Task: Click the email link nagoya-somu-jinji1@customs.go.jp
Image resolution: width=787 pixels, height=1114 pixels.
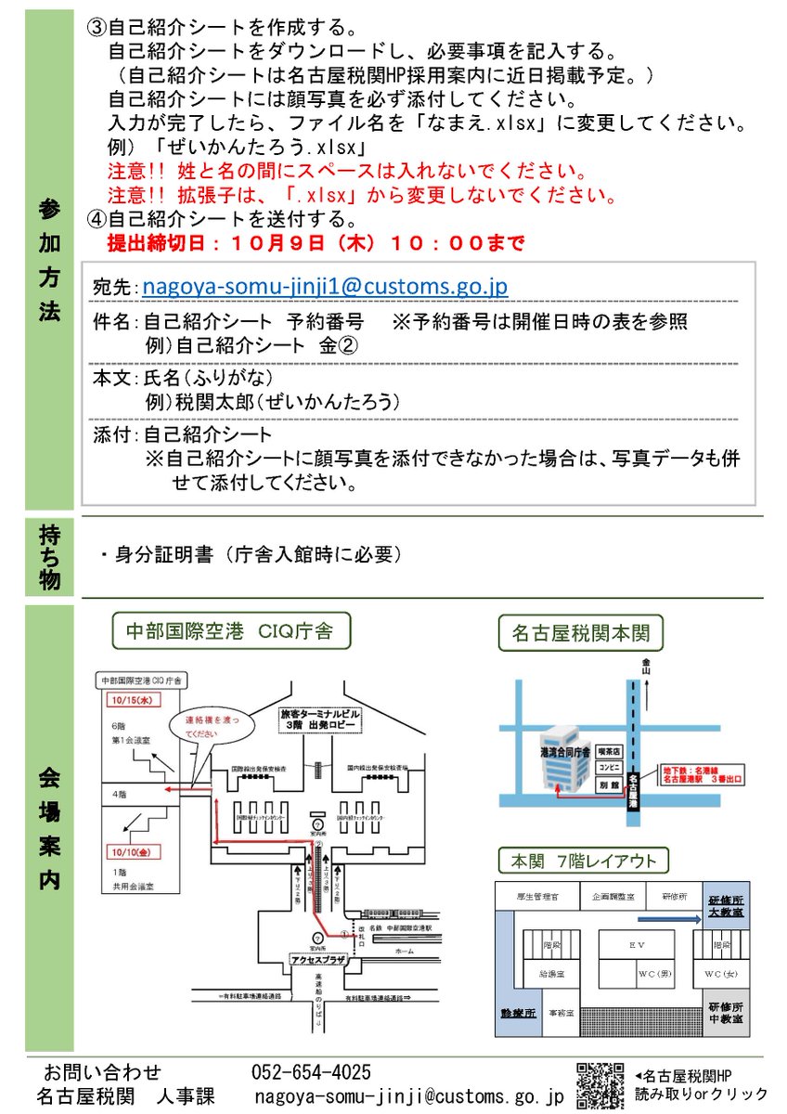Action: (324, 287)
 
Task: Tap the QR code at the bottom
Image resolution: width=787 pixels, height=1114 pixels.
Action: (600, 1084)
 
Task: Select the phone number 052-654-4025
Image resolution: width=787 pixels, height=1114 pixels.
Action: (311, 1073)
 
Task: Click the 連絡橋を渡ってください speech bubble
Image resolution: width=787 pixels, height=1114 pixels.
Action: (207, 725)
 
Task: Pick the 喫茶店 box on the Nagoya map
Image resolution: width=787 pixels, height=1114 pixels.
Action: (609, 751)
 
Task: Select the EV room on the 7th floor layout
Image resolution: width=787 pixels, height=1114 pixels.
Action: (637, 943)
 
